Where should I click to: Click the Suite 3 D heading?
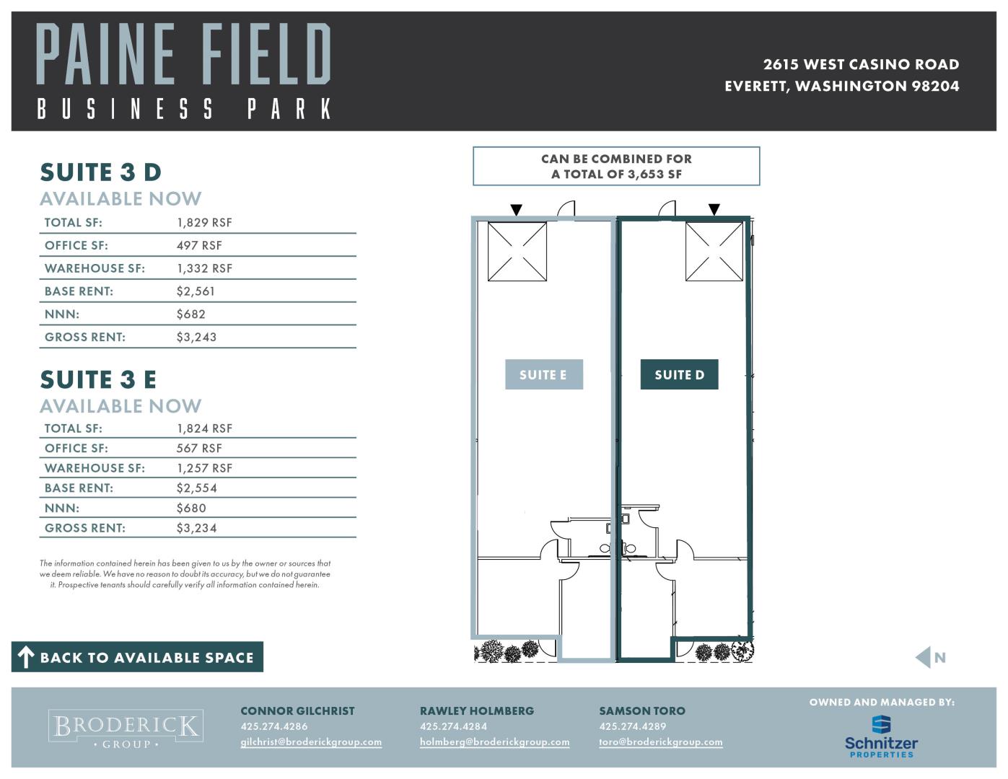click(x=101, y=172)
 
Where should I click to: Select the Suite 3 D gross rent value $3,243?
click(x=196, y=337)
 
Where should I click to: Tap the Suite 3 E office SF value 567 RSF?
click(x=199, y=449)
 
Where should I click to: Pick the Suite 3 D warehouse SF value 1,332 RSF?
click(x=204, y=268)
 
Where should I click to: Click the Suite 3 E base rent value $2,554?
click(x=196, y=488)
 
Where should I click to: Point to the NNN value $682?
click(x=190, y=314)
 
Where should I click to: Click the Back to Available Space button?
click(x=137, y=657)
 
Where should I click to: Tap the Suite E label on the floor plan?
click(x=543, y=374)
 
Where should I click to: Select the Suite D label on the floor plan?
click(x=679, y=374)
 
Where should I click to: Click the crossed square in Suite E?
click(x=517, y=251)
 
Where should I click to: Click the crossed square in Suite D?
click(x=714, y=251)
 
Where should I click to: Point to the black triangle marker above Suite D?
click(x=714, y=210)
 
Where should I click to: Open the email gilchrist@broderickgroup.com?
click(x=311, y=742)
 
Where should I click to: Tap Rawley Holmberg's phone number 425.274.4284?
click(x=453, y=726)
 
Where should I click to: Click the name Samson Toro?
click(x=642, y=711)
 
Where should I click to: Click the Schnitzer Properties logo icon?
click(x=881, y=725)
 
